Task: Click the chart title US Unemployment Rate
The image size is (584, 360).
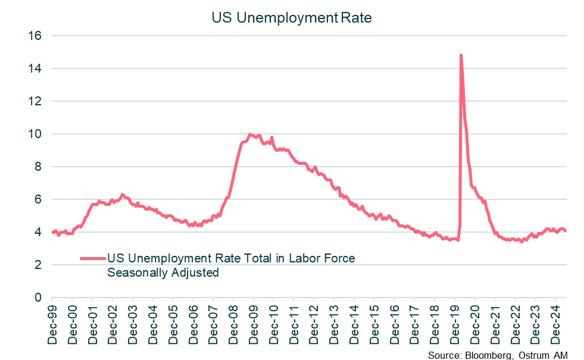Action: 292,18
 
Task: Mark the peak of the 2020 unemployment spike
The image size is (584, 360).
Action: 461,55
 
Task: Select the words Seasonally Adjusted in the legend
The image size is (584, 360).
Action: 163,273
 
